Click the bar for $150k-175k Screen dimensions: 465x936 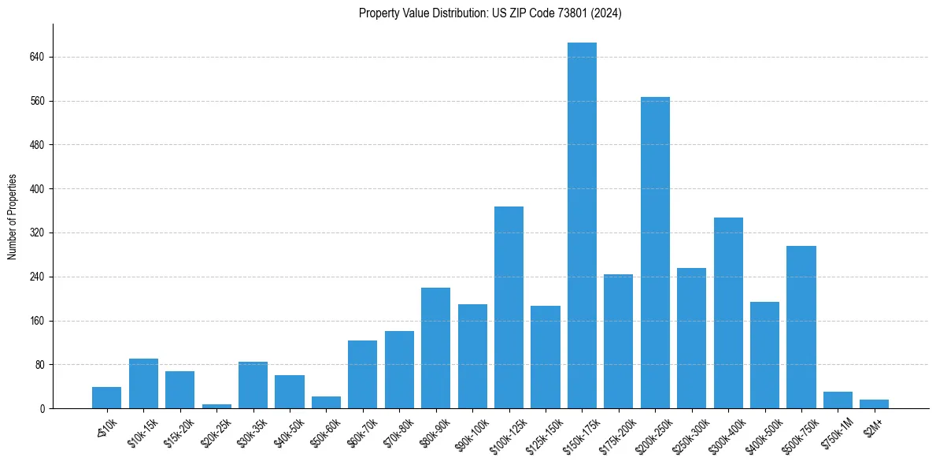tap(582, 225)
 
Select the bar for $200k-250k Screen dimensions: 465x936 tap(655, 252)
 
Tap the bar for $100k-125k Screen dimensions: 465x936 tap(509, 307)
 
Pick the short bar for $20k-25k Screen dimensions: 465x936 tap(216, 406)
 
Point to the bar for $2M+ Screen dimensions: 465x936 tap(874, 404)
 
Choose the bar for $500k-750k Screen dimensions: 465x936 tap(801, 327)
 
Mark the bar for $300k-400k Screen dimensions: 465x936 tap(728, 313)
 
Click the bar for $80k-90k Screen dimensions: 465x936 tap(435, 348)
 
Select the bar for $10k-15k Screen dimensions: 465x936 tap(143, 383)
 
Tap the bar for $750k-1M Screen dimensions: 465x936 tap(838, 400)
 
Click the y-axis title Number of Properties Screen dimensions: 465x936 tap(13, 217)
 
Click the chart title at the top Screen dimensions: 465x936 tap(490, 13)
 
